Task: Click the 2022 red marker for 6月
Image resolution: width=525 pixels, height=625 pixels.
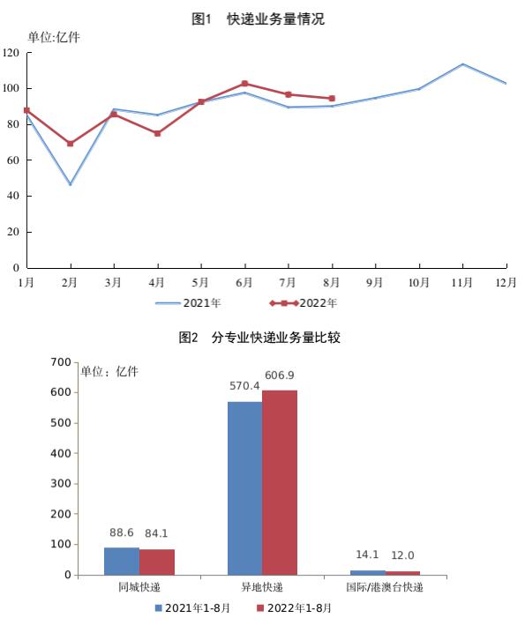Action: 244,84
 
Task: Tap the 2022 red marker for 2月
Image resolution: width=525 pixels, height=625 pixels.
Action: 71,144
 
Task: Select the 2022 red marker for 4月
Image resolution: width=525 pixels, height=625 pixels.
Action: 158,133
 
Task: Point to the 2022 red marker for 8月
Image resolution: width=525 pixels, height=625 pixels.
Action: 332,99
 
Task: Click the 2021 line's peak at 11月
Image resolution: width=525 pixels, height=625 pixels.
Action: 462,64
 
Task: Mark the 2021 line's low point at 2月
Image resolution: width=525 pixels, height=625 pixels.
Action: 71,184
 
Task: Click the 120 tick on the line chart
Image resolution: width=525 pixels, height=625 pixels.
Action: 11,53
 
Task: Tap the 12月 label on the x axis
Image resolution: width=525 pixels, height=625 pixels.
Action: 506,283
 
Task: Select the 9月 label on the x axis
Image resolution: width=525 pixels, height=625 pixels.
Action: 375,283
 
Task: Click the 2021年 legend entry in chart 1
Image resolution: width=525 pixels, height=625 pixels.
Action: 188,303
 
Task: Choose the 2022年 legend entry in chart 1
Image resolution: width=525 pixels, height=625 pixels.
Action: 304,303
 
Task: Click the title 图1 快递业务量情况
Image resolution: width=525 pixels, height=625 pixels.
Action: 259,19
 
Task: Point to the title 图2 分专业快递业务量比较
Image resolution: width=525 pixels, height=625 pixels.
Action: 259,338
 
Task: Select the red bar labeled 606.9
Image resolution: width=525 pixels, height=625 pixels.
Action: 280,483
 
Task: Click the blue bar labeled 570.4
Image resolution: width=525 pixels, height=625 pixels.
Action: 245,488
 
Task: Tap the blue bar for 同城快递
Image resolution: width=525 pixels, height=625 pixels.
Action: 122,562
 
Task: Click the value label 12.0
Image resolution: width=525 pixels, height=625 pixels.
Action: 402,555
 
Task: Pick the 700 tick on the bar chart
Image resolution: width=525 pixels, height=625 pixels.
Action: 61,362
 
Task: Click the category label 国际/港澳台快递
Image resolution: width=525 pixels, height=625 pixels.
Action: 385,587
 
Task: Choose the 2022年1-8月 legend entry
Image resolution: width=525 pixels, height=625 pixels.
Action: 294,608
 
